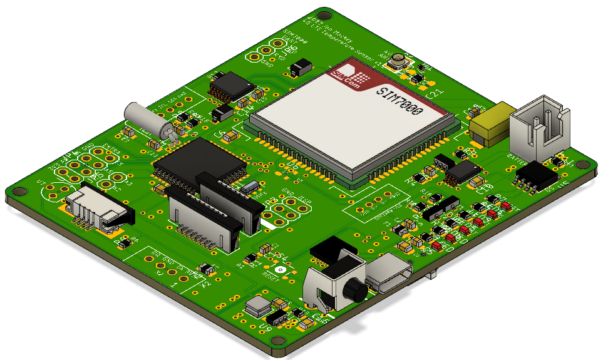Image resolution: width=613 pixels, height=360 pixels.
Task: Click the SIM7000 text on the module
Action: pyautogui.click(x=399, y=100)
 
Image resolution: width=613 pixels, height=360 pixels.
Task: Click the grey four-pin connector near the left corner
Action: pyautogui.click(x=98, y=207)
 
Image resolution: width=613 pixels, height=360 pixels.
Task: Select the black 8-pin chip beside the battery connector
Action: pyautogui.click(x=536, y=173)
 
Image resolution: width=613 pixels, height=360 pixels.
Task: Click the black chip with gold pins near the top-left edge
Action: pyautogui.click(x=229, y=84)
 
